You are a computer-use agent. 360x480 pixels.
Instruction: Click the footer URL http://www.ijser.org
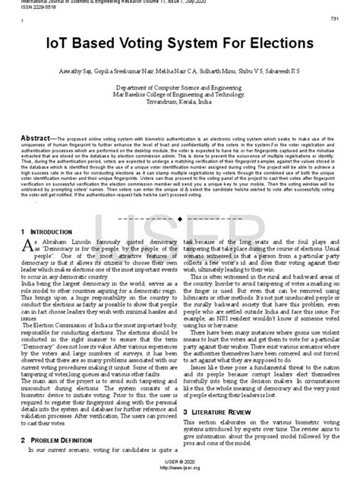pos(180,473)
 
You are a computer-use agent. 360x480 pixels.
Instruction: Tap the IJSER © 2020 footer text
pos(180,467)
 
